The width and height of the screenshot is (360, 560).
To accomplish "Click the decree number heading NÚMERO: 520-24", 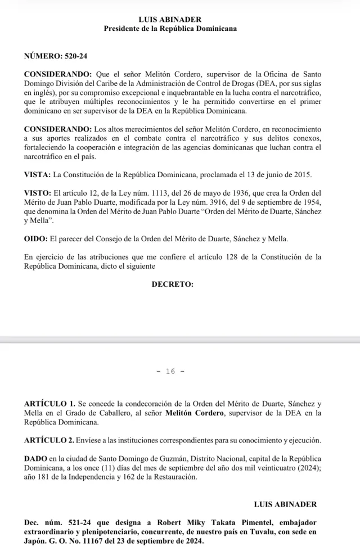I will (x=56, y=57).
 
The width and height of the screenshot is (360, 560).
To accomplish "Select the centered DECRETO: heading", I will (x=173, y=284).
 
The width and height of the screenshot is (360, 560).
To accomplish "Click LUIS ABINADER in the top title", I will (x=170, y=19).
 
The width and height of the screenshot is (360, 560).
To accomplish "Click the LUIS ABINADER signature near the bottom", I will (x=285, y=504).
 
